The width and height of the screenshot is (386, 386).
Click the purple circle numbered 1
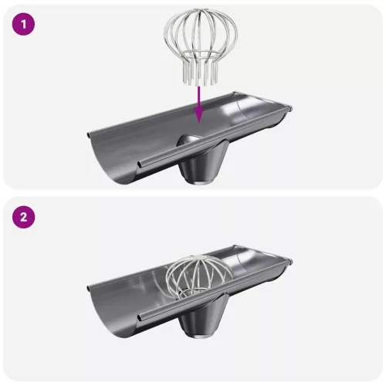tap(23, 25)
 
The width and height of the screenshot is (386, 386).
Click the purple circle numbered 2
tap(23, 217)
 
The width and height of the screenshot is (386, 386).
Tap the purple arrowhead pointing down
tap(199, 115)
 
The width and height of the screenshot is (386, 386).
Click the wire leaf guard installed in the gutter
tap(199, 276)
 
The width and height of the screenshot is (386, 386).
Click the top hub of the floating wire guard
tap(201, 11)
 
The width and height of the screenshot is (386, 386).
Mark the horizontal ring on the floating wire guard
tap(201, 55)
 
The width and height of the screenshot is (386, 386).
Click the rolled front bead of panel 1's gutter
tap(215, 137)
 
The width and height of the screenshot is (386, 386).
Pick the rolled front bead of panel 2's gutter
tap(215, 290)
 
